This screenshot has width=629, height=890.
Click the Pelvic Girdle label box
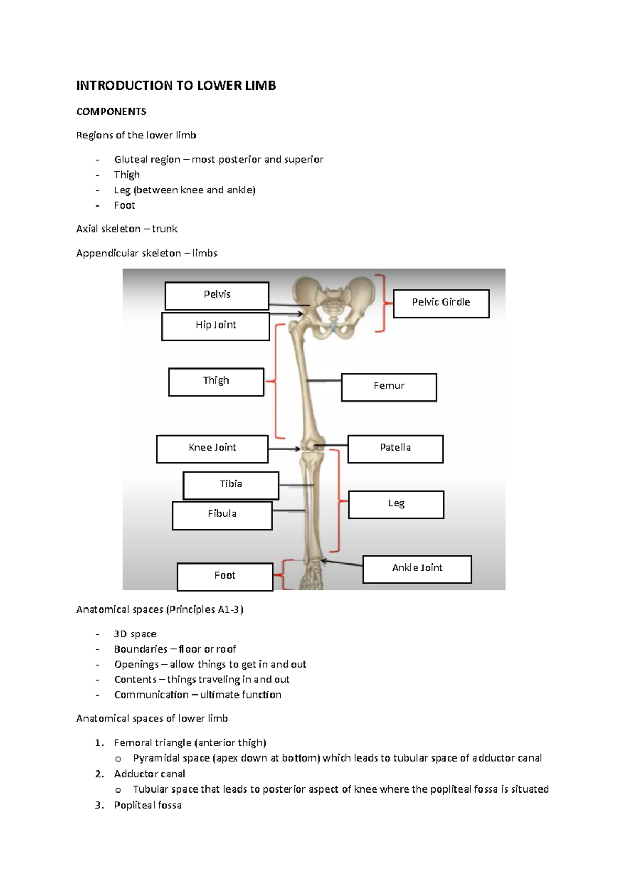[x=441, y=303]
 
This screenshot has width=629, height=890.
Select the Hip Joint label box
[x=215, y=327]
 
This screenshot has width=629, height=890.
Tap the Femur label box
[x=388, y=387]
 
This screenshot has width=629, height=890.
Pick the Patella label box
[x=395, y=449]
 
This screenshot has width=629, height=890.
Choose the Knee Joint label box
[x=212, y=449]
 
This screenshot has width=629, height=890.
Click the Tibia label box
[x=231, y=485]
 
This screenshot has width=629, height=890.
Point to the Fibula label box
[x=222, y=515]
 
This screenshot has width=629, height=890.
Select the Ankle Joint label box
[x=417, y=569]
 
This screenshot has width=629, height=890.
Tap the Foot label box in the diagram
[x=225, y=577]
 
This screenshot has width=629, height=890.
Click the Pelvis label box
[x=217, y=296]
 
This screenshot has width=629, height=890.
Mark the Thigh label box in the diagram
[x=216, y=382]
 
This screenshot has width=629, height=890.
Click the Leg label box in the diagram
[x=396, y=504]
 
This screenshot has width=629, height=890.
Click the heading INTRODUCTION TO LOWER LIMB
[x=176, y=85]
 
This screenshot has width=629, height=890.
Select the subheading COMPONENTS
[x=111, y=112]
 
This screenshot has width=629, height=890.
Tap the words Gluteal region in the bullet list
[x=147, y=159]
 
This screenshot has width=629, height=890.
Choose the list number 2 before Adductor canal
[x=100, y=774]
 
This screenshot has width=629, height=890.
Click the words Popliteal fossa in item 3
[x=148, y=805]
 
